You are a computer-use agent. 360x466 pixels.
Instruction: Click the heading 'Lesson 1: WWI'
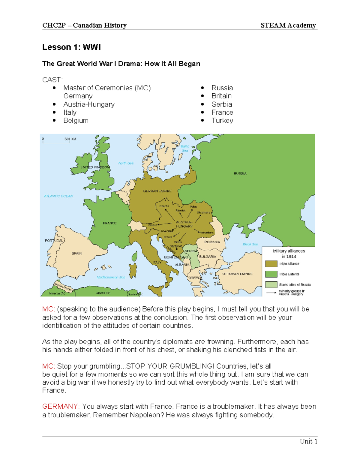71,47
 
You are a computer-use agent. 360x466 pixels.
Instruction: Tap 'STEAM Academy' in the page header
288,26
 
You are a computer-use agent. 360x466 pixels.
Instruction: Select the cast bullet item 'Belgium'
76,121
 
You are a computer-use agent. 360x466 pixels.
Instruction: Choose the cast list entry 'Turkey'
222,121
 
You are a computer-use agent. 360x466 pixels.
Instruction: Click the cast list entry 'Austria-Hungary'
89,104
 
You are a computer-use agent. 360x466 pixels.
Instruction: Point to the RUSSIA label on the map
240,173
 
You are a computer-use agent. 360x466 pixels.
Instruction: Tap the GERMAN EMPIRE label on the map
157,191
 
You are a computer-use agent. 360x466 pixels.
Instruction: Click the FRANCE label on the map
109,223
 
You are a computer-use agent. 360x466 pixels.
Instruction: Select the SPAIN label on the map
76,254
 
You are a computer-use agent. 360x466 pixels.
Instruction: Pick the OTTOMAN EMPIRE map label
237,274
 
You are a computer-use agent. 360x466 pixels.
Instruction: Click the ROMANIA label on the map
212,242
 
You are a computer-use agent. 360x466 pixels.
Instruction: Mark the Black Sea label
250,244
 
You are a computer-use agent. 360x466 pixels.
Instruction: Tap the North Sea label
126,163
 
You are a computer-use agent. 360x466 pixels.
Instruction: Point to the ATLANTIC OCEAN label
58,196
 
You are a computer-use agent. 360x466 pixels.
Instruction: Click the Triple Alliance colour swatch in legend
271,264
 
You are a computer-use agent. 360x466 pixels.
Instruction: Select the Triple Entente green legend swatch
271,274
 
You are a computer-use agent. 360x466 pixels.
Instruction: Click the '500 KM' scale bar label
70,139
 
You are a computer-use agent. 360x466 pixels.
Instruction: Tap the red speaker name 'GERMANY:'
61,407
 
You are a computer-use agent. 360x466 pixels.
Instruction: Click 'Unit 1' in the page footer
308,441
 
